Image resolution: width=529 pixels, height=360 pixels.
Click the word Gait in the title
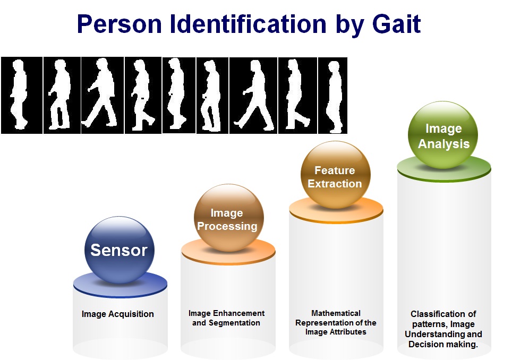tap(396, 24)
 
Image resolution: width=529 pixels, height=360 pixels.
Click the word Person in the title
tap(120, 24)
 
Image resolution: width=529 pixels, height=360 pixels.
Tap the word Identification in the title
tap(248, 24)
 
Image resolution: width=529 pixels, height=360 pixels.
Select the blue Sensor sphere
tap(120, 250)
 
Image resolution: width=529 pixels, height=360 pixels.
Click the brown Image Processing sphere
tap(229, 218)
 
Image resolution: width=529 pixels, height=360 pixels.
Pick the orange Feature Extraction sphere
tap(335, 175)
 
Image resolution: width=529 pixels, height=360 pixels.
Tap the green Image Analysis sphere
tap(443, 135)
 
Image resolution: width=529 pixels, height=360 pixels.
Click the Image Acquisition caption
tap(118, 314)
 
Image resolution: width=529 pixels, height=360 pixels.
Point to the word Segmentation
tap(234, 323)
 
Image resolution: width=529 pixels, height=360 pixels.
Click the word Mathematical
tap(336, 313)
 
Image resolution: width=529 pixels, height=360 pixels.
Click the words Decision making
tap(443, 344)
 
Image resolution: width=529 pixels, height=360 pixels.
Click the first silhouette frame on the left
tap(22, 95)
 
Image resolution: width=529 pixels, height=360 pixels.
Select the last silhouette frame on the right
tap(332, 96)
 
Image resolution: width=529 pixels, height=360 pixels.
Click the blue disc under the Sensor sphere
tap(120, 285)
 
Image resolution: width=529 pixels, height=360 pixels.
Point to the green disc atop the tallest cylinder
tap(444, 168)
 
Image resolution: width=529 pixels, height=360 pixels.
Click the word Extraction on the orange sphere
tap(335, 184)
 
